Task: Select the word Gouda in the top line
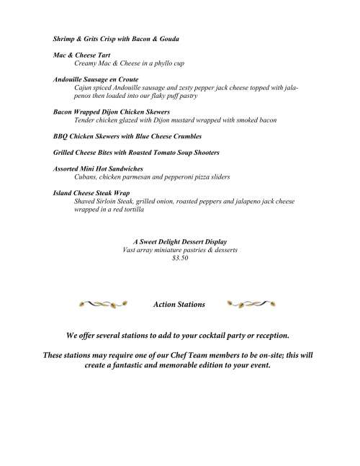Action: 168,37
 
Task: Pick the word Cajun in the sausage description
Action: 84,86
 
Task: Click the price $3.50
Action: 181,258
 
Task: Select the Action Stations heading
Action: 179,305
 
